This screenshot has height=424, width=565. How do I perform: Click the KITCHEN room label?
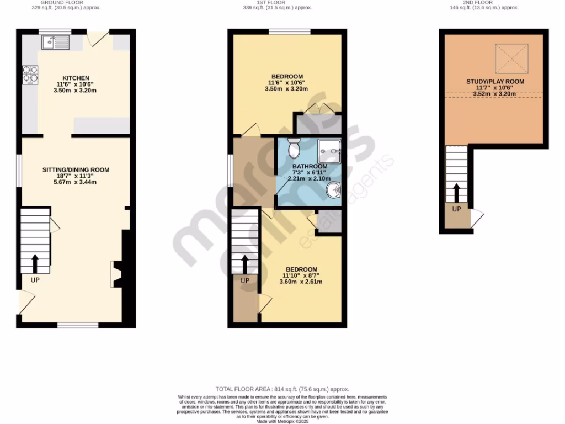[76, 78]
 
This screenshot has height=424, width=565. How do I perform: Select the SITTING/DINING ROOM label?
[76, 170]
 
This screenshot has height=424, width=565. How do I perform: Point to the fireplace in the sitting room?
[117, 274]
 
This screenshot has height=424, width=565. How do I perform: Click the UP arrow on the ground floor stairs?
[35, 264]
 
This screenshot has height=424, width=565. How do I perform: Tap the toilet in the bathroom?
[294, 147]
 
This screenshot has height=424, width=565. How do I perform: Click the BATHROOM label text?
[310, 167]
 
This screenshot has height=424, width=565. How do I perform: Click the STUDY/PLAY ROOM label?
[495, 82]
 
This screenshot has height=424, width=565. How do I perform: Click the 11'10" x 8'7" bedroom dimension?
[301, 275]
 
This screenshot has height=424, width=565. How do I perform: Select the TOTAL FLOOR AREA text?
[282, 389]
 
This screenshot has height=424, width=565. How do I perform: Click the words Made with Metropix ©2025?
[282, 421]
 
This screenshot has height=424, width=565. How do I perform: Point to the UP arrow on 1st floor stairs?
[245, 264]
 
